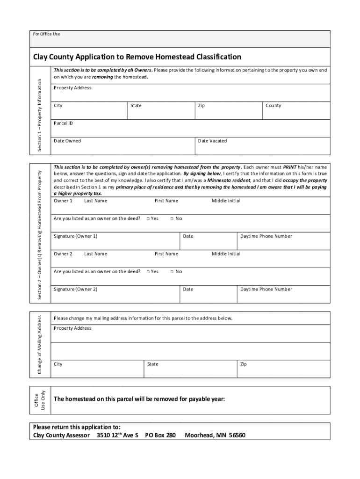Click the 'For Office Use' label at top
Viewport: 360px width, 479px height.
pos(46,34)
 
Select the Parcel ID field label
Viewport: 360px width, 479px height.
pos(63,123)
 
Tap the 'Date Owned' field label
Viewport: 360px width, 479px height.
pos(67,141)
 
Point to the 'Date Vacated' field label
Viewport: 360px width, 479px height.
pos(212,141)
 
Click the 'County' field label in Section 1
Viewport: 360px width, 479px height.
pos(273,106)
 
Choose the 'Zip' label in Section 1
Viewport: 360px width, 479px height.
pos(201,106)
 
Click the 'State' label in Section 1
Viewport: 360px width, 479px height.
pos(136,106)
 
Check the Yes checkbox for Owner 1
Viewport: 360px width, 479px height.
pos(148,218)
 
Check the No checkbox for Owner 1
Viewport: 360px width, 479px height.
pos(172,218)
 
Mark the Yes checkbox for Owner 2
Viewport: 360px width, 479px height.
pos(148,272)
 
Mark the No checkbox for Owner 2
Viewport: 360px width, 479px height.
pos(172,272)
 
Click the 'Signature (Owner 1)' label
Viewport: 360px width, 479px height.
pos(75,236)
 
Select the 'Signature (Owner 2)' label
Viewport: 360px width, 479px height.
pos(75,290)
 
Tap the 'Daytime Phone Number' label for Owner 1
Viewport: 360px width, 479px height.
pos(266,236)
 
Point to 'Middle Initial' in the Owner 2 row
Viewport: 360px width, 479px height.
pos(226,254)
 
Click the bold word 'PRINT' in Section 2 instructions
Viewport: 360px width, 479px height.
pos(290,167)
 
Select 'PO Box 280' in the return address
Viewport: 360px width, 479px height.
pos(160,435)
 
